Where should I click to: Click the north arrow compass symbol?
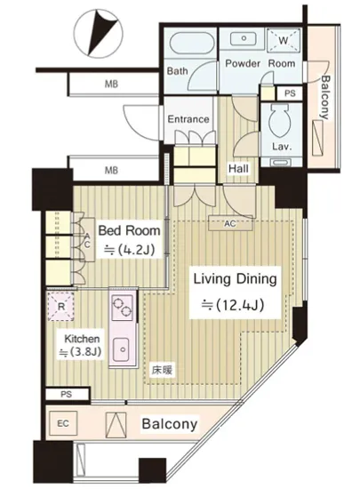pyautogui.click(x=100, y=34)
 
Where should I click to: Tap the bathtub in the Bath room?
pyautogui.click(x=192, y=44)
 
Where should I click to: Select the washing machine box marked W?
pyautogui.click(x=284, y=40)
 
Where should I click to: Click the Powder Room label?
pyautogui.click(x=260, y=63)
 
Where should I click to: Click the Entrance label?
pyautogui.click(x=188, y=119)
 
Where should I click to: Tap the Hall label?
pyautogui.click(x=238, y=169)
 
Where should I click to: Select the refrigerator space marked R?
pyautogui.click(x=61, y=306)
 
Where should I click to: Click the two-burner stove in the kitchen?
pyautogui.click(x=123, y=308)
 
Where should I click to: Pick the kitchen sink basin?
pyautogui.click(x=123, y=349)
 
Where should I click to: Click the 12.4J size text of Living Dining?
pyautogui.click(x=233, y=305)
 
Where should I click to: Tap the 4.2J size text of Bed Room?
pyautogui.click(x=130, y=249)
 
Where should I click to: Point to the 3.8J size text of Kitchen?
pyautogui.click(x=80, y=352)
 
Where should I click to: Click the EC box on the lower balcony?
pyautogui.click(x=63, y=423)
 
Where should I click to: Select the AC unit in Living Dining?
pyautogui.click(x=230, y=223)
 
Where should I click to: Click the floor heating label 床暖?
pyautogui.click(x=162, y=370)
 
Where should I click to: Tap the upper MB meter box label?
pyautogui.click(x=111, y=84)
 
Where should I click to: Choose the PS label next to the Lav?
pyautogui.click(x=290, y=93)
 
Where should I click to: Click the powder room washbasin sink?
pyautogui.click(x=244, y=38)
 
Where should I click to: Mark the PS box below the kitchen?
pyautogui.click(x=68, y=394)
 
